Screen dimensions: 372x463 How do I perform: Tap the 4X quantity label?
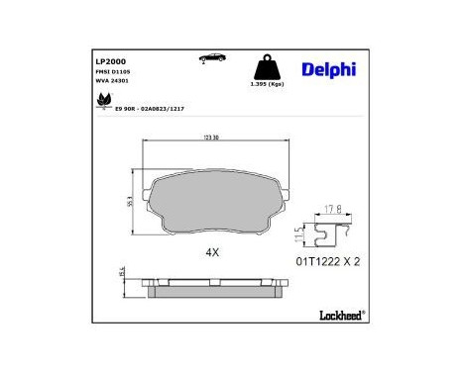click(211, 252)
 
